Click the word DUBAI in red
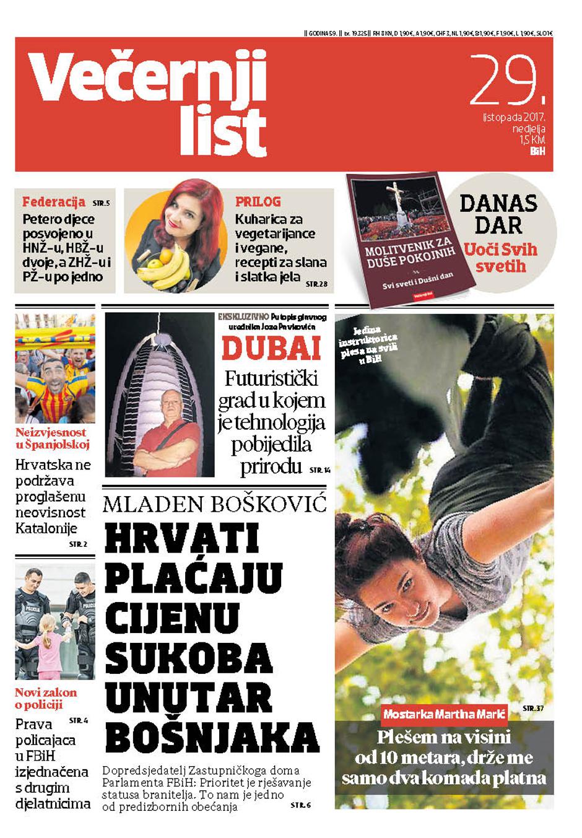point(271,349)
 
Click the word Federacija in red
point(53,202)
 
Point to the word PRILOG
point(258,202)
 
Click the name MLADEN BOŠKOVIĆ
point(214,504)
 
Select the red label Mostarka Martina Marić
point(444,714)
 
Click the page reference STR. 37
point(532,707)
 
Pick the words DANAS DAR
point(498,214)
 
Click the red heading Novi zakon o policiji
point(46,699)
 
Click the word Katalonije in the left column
point(46,528)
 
